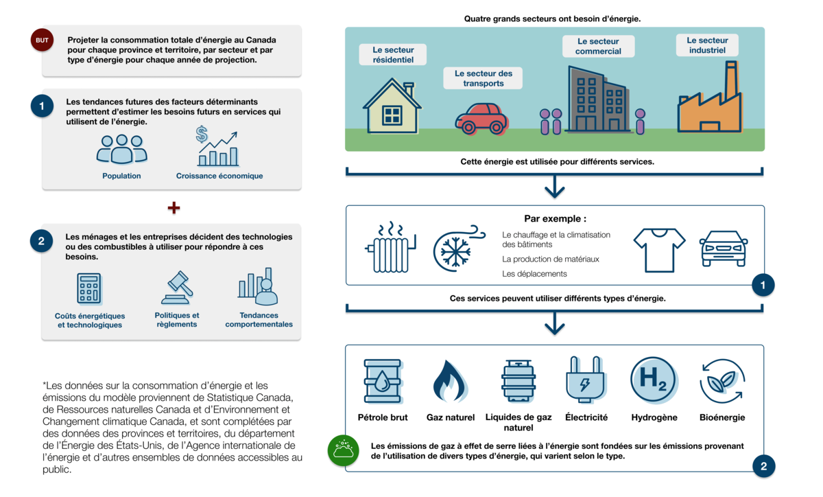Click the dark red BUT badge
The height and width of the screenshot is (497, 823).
point(42,40)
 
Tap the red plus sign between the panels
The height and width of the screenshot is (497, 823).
point(174,208)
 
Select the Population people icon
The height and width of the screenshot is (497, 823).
point(121,149)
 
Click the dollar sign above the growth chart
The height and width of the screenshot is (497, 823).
point(202,134)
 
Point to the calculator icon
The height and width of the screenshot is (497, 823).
point(89,288)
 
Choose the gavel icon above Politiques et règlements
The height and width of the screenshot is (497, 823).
point(177,288)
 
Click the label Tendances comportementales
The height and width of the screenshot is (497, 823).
point(259,320)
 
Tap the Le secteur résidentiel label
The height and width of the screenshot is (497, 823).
point(393,55)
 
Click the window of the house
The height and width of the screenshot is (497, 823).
point(392,115)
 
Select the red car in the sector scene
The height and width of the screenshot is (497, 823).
point(481,119)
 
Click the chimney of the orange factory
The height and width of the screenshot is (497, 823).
point(731,80)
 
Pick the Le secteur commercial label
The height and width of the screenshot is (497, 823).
point(598,47)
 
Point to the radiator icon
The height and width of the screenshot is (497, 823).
point(390,247)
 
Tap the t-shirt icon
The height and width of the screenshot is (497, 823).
point(660,250)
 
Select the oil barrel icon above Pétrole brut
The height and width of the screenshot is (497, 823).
point(383,381)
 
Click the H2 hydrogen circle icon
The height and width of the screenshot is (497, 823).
point(654,380)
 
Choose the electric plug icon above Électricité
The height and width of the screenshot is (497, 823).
point(586,380)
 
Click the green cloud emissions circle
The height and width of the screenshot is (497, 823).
point(343,450)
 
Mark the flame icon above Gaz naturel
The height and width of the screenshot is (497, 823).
point(449,381)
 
